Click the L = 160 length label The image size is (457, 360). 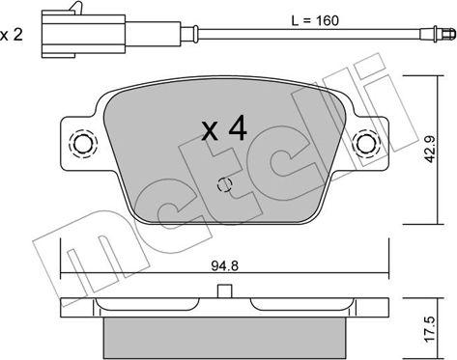[x=315, y=21]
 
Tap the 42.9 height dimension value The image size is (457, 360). [x=430, y=149]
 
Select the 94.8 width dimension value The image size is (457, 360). [x=225, y=266]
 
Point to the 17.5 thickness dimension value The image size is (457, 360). [x=430, y=329]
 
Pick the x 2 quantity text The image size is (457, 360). [x=12, y=35]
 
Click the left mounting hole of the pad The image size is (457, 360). [x=83, y=144]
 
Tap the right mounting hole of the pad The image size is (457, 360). [x=366, y=144]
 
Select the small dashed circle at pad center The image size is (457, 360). [x=225, y=184]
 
